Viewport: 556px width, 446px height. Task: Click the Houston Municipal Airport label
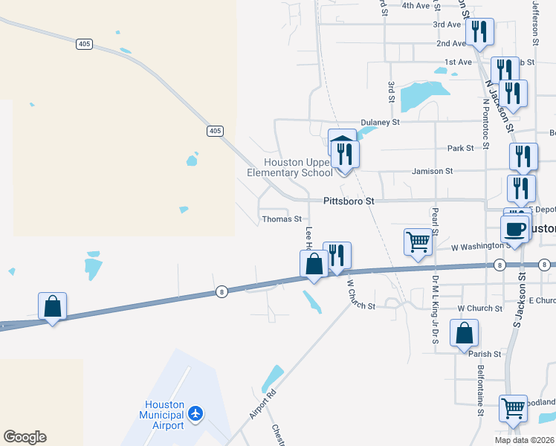click(x=164, y=415)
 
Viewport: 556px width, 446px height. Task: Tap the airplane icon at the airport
click(x=195, y=413)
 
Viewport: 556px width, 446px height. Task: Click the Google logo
click(x=25, y=437)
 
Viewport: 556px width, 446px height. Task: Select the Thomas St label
click(x=282, y=219)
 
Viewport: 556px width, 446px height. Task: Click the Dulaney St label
click(x=380, y=122)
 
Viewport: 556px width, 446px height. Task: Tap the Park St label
click(x=460, y=149)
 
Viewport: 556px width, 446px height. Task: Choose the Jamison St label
click(x=433, y=171)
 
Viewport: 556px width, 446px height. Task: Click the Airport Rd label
click(x=262, y=402)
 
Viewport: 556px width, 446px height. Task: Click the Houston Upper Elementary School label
click(x=290, y=168)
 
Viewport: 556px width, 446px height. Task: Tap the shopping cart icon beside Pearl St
click(x=418, y=242)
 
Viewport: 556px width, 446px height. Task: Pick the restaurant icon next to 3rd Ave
click(x=479, y=30)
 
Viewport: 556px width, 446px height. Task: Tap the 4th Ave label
click(x=416, y=5)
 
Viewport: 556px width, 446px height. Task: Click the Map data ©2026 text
click(x=523, y=439)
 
